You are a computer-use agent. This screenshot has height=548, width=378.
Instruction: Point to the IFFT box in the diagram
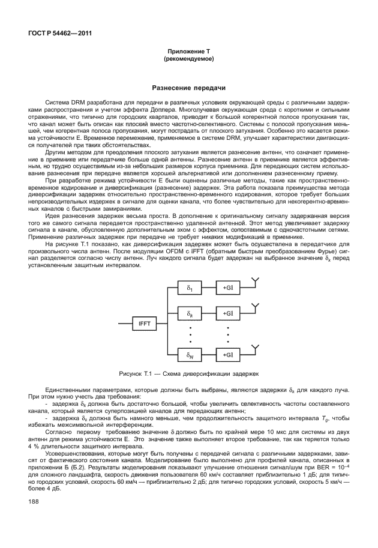[145, 324]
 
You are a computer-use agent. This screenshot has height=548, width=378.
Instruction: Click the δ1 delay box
[189, 288]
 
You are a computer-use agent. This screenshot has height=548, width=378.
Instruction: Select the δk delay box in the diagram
[189, 313]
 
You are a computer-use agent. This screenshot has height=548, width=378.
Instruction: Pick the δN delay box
[189, 355]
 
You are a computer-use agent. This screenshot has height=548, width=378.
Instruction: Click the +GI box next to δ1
[228, 288]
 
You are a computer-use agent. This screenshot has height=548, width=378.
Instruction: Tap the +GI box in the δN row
[228, 355]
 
